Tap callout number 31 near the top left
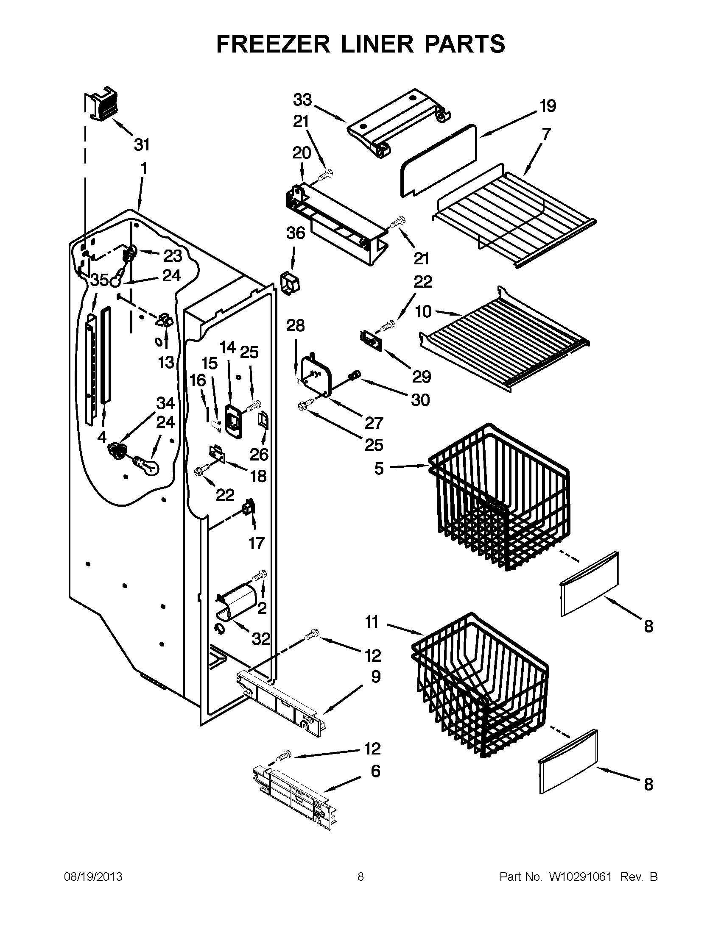point(142,145)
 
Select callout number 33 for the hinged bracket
point(302,100)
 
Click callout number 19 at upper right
point(548,106)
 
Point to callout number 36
point(296,233)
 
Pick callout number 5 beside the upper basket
point(379,469)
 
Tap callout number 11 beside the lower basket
point(372,622)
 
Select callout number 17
point(256,543)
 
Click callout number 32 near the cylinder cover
point(261,639)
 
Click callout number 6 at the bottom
point(375,771)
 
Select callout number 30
point(420,400)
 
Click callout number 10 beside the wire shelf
point(423,311)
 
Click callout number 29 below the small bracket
point(421,376)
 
